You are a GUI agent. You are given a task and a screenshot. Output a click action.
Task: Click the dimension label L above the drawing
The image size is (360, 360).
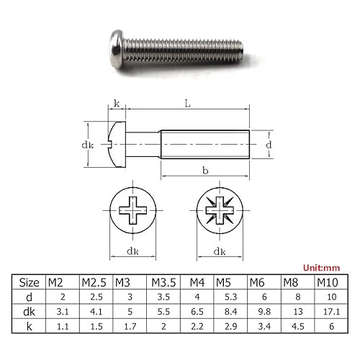click(187, 104)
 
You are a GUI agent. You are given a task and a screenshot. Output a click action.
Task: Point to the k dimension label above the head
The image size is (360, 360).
click(117, 104)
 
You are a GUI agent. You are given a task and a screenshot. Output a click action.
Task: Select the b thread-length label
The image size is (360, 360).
click(205, 171)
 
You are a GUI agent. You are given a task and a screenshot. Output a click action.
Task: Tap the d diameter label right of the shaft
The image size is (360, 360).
click(269, 145)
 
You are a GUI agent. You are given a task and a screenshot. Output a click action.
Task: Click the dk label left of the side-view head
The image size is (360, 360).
click(88, 145)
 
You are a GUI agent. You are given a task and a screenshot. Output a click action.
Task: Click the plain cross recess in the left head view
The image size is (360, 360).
click(133, 210)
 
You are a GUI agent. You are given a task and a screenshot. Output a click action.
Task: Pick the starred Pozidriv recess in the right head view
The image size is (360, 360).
click(220, 210)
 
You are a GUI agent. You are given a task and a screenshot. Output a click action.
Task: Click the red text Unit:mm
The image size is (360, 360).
click(321, 268)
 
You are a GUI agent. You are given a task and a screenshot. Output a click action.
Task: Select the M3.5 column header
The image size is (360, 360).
click(163, 282)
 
